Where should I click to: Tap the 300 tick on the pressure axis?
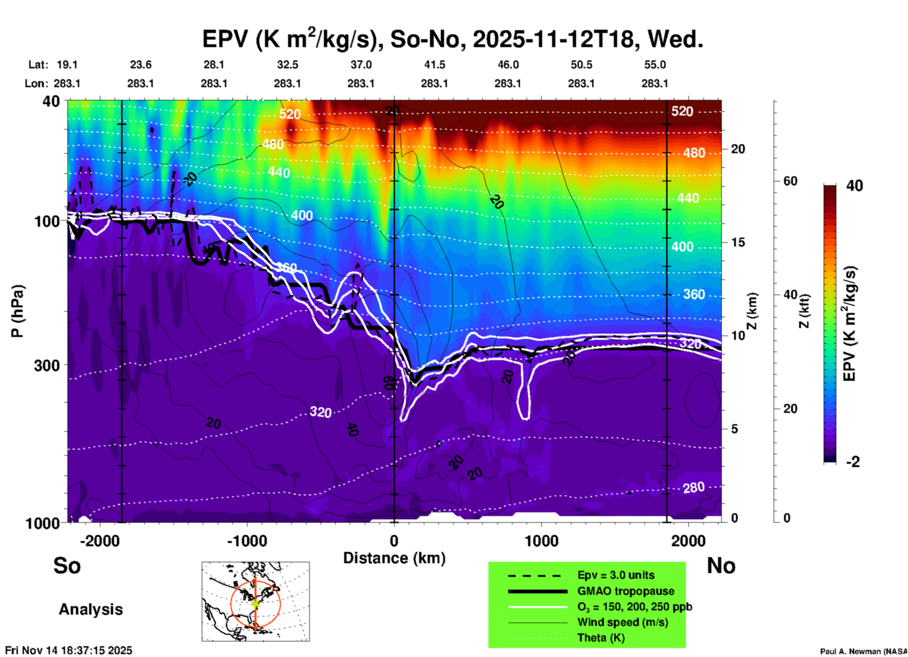click(47, 365)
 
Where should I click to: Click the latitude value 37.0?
click(361, 65)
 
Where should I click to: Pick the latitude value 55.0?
click(655, 65)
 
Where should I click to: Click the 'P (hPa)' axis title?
click(17, 311)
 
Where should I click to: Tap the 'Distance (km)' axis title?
click(394, 558)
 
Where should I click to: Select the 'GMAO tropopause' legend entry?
click(626, 591)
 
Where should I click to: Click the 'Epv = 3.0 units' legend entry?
click(616, 575)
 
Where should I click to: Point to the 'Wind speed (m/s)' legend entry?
click(622, 622)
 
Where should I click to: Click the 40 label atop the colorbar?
click(854, 186)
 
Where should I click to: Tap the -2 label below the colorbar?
click(852, 462)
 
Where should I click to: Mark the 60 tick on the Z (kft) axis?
click(790, 181)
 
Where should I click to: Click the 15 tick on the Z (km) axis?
click(737, 242)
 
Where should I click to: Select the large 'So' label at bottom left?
click(67, 566)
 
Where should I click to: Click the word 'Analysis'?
click(91, 609)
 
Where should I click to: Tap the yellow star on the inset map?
click(256, 603)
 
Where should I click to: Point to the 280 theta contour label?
click(693, 487)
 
